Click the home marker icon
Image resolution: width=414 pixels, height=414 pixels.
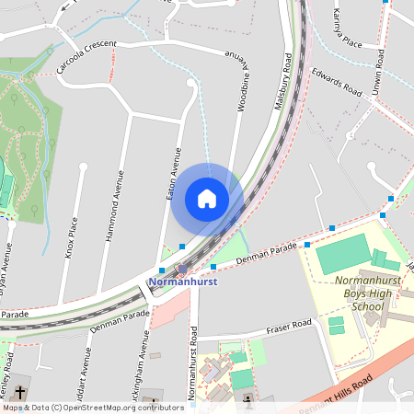(207, 199)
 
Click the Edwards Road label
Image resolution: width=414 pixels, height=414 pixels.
(336, 82)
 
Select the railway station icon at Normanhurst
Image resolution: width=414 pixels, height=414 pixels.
(182, 270)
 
